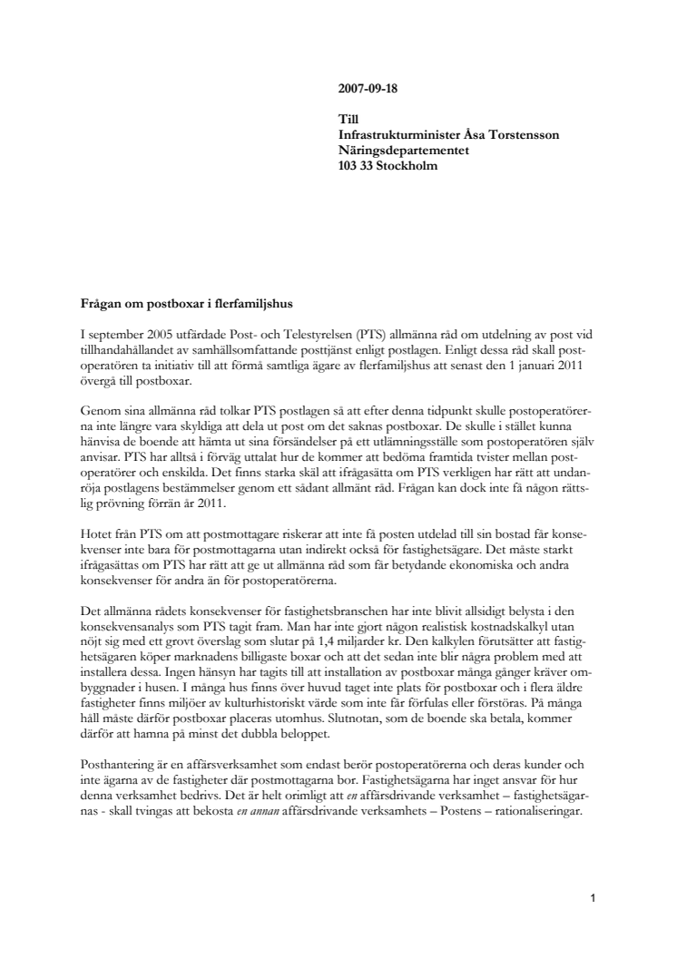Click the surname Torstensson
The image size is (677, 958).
(x=521, y=134)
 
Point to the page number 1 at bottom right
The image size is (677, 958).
(x=591, y=899)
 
